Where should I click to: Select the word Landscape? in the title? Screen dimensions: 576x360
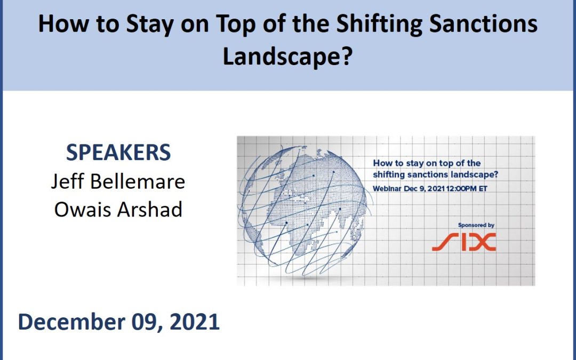tap(287, 57)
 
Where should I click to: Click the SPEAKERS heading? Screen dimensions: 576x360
tap(118, 153)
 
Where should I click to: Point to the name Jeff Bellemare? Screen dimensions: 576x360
tap(118, 181)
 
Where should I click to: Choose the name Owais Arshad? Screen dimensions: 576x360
tap(118, 210)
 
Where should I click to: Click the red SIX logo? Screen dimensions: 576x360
tap(463, 242)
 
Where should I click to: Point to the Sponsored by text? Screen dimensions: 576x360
tap(476, 225)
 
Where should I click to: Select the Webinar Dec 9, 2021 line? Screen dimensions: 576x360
tap(430, 189)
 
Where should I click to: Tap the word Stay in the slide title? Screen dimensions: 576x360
tap(149, 25)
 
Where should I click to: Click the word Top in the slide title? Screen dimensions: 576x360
tap(234, 25)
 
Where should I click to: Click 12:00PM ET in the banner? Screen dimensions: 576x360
tap(467, 189)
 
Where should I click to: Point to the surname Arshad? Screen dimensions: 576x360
tap(150, 210)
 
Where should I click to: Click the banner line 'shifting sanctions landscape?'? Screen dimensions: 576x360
tap(435, 174)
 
